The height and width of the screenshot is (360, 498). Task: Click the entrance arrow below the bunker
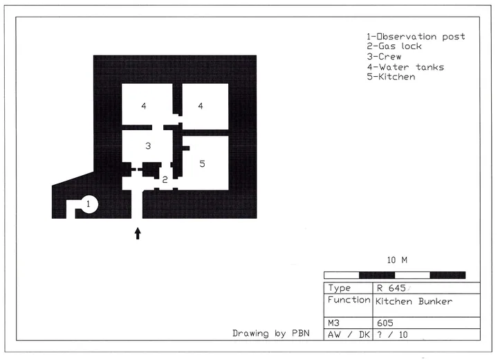[138, 233]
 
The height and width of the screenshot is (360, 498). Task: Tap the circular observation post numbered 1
[89, 204]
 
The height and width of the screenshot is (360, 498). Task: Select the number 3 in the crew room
[148, 146]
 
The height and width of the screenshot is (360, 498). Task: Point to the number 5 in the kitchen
[202, 164]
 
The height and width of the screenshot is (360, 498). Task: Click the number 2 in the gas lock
[165, 180]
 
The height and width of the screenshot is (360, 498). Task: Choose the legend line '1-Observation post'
[416, 37]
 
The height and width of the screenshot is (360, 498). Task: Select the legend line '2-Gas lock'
[394, 46]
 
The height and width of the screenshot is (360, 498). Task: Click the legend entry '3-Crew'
[384, 57]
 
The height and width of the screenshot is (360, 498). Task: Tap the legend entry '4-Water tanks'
[405, 67]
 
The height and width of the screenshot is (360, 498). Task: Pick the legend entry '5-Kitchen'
[391, 77]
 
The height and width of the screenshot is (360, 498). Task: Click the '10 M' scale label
[397, 260]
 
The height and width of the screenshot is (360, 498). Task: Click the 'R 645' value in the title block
[391, 288]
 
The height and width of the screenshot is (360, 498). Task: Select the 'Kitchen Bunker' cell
[414, 301]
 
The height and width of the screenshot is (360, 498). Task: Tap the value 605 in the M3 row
[385, 323]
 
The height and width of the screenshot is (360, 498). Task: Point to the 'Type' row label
[339, 288]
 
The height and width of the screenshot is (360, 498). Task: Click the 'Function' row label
[349, 300]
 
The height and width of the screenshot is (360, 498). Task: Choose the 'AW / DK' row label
[349, 334]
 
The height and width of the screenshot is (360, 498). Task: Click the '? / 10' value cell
[392, 334]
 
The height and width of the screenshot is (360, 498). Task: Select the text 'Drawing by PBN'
[271, 333]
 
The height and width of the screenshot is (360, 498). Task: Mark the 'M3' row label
[333, 323]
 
